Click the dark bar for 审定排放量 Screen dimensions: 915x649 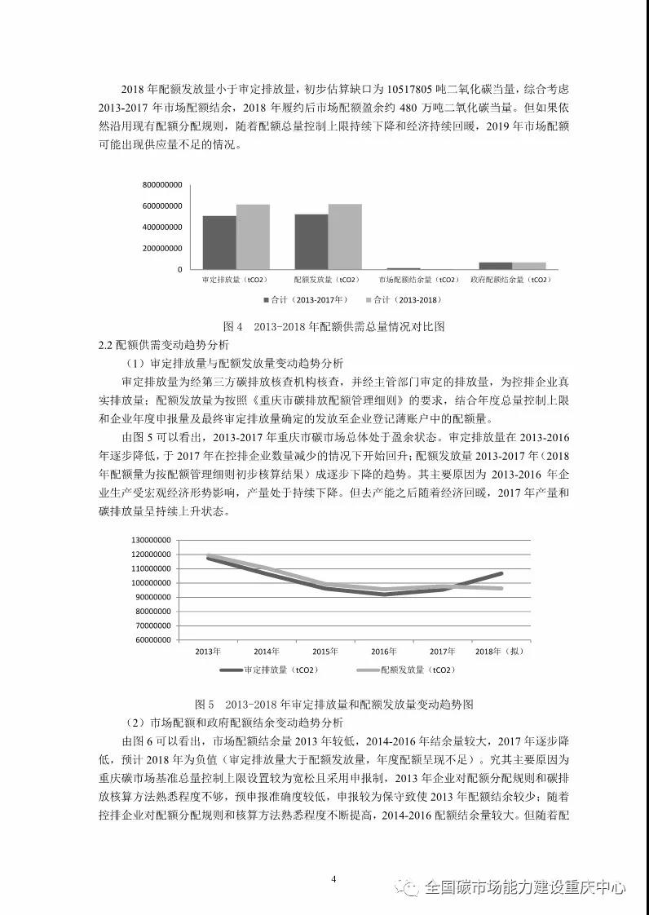pyautogui.click(x=219, y=242)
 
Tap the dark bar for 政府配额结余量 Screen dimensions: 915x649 pyautogui.click(x=495, y=265)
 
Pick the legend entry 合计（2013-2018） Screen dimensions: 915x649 pyautogui.click(x=407, y=299)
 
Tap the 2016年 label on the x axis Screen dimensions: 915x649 pyautogui.click(x=383, y=652)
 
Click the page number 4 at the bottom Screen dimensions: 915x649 pyautogui.click(x=334, y=878)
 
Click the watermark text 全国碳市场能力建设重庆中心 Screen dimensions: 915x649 pyautogui.click(x=524, y=887)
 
